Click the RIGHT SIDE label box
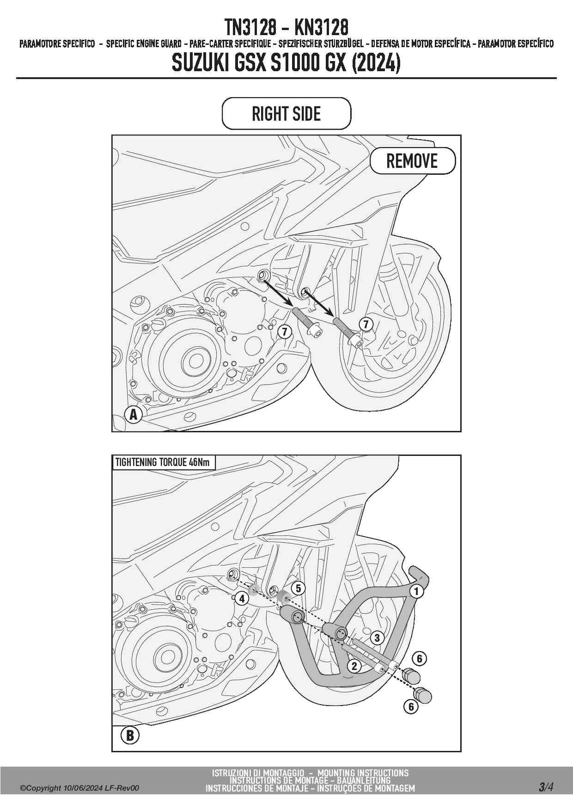[x=286, y=114]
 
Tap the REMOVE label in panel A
[x=412, y=161]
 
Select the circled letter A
[x=134, y=414]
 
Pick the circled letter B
[x=130, y=735]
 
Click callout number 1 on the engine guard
[x=416, y=591]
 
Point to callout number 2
[x=354, y=666]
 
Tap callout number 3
[x=377, y=638]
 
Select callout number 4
[x=242, y=599]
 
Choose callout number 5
[x=299, y=588]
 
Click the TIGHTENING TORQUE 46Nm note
[x=162, y=462]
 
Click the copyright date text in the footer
[x=79, y=788]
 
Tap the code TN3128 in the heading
[x=250, y=27]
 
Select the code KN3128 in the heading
[x=321, y=27]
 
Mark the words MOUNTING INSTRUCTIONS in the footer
[x=363, y=773]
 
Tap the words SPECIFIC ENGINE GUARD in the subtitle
[x=144, y=44]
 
